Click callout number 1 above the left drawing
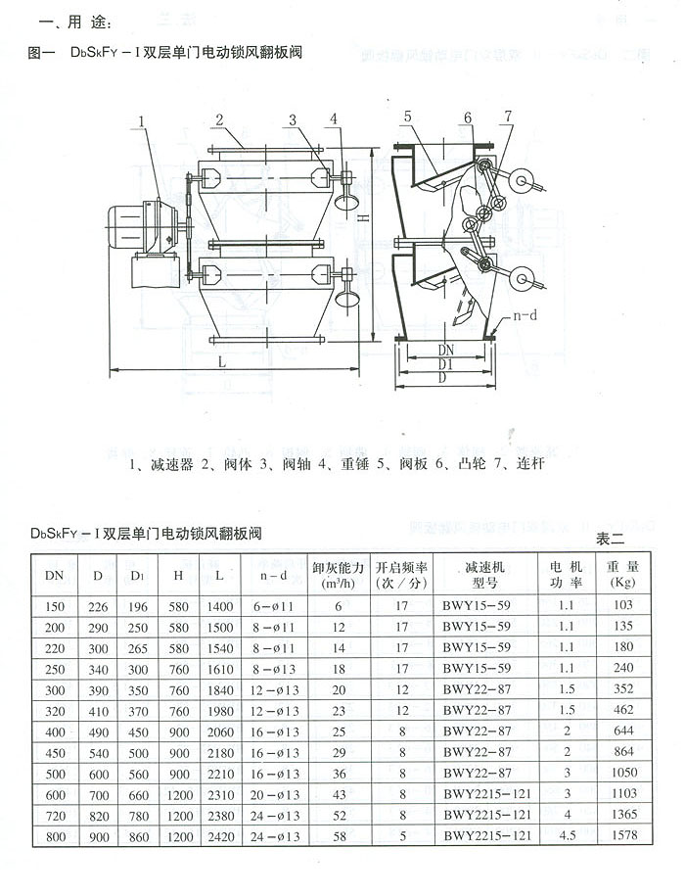click(x=143, y=120)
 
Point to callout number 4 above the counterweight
click(x=334, y=119)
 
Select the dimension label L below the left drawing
click(x=223, y=361)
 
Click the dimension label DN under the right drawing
click(x=445, y=349)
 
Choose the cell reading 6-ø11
click(x=274, y=606)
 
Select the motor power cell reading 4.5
click(x=566, y=834)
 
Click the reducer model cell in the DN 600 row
click(x=486, y=793)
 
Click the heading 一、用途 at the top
click(x=66, y=22)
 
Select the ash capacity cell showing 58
click(x=339, y=834)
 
